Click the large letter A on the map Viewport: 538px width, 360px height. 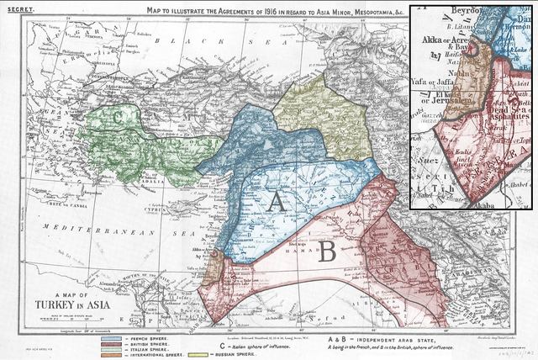tap(276, 202)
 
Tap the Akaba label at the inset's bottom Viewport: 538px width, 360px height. tap(463, 203)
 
